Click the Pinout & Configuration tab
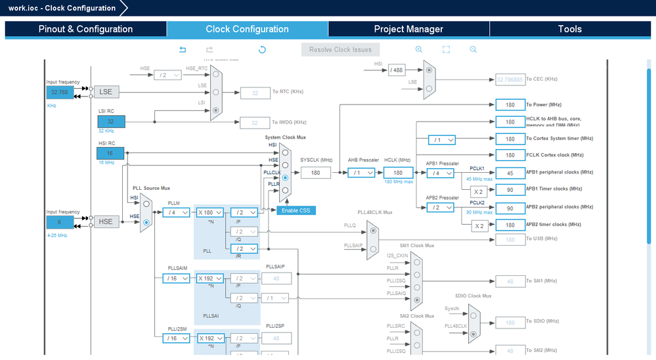85,29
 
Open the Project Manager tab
408,29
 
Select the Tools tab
569,29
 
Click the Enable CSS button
295,210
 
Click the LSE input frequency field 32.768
60,93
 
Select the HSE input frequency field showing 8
60,222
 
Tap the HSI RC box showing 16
110,153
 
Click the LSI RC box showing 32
111,122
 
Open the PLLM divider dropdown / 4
176,212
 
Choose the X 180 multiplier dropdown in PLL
210,212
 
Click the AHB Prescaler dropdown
362,173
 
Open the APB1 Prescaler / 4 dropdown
440,173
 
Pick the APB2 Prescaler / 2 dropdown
440,208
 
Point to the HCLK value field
398,173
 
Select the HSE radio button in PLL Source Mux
146,223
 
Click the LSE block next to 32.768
106,92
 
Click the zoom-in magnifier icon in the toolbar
419,49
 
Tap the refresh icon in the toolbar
262,49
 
